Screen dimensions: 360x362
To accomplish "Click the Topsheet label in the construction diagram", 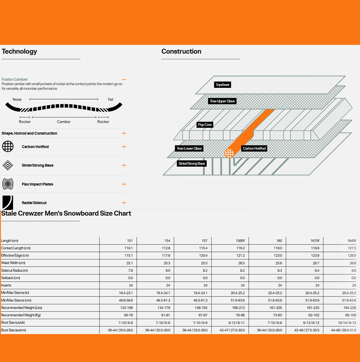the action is click(x=222, y=85).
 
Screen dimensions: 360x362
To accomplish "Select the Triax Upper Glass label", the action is click(x=222, y=101).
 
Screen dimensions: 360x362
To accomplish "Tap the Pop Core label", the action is click(x=205, y=125).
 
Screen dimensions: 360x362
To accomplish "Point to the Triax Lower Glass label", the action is click(x=189, y=149).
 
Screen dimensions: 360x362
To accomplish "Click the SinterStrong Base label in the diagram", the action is click(x=192, y=164).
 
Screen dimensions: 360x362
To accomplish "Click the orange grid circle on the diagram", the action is click(x=229, y=153).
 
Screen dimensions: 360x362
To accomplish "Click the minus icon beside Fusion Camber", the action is click(x=124, y=80).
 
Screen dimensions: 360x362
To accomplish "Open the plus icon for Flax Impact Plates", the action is click(x=124, y=184).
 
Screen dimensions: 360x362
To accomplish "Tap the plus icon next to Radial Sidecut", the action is click(x=124, y=203).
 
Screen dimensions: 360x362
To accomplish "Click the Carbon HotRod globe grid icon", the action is click(x=8, y=146).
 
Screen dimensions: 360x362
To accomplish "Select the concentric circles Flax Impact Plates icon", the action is click(x=8, y=184).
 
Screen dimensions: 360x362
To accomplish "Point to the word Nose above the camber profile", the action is click(x=17, y=100).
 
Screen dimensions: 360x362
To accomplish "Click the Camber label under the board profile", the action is click(x=64, y=122).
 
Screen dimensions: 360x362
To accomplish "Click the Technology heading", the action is click(x=19, y=51).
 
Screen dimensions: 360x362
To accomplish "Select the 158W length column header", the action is click(x=240, y=241).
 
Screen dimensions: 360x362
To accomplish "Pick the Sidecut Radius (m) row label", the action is click(x=14, y=270).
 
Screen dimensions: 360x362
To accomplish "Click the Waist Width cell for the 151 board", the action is click(x=130, y=263).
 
